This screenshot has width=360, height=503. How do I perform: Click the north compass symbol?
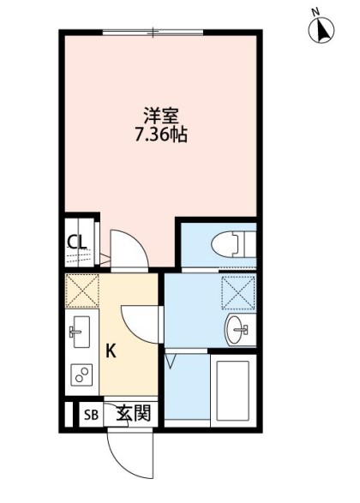click(x=321, y=32)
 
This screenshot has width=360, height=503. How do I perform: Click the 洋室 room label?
click(x=160, y=114)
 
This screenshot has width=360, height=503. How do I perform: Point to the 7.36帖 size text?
click(x=160, y=135)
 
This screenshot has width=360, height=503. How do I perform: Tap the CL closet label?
click(x=77, y=242)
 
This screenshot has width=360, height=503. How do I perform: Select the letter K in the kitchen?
click(x=111, y=350)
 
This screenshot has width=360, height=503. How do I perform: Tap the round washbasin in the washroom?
click(x=238, y=328)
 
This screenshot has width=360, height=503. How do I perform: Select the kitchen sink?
click(x=81, y=330)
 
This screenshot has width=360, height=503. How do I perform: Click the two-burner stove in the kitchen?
click(x=82, y=375)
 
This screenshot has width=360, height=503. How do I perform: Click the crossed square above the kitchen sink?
click(x=82, y=290)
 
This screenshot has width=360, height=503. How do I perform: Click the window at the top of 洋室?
click(x=153, y=33)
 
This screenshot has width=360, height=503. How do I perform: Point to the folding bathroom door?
click(x=172, y=360)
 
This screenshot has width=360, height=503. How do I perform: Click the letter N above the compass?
click(x=315, y=10)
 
